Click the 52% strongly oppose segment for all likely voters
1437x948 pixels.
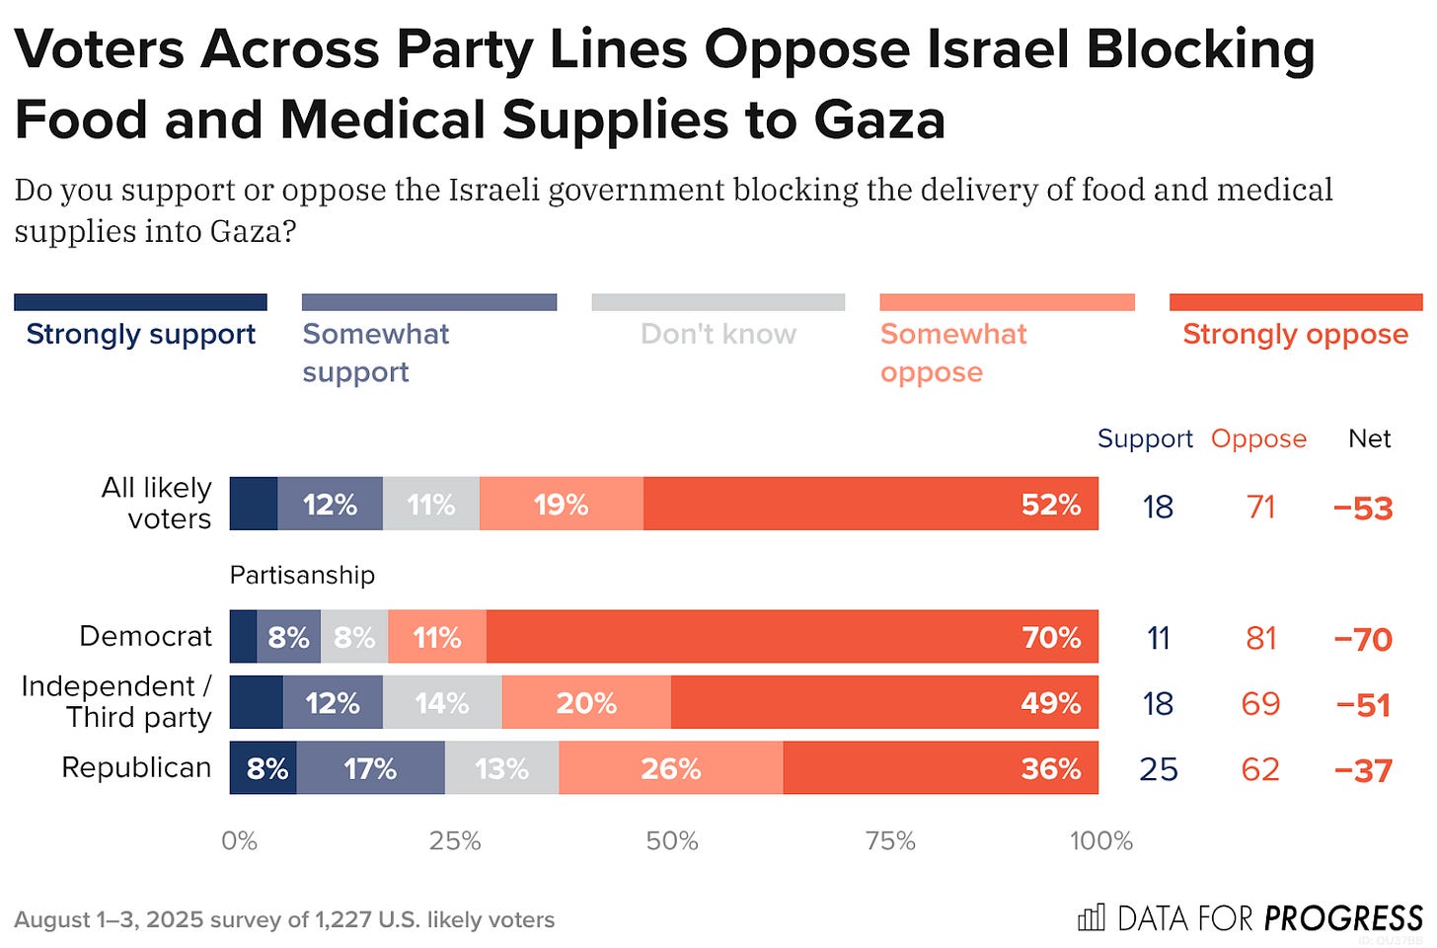pyautogui.click(x=870, y=504)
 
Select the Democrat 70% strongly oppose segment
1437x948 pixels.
pyautogui.click(x=792, y=637)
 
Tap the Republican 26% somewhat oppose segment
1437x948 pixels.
pyautogui.click(x=671, y=768)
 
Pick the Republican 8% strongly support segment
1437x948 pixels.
pyautogui.click(x=264, y=768)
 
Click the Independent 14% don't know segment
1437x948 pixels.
pyautogui.click(x=442, y=703)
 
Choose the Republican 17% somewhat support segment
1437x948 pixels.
pyautogui.click(x=370, y=768)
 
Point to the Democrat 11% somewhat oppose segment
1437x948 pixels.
pyautogui.click(x=437, y=637)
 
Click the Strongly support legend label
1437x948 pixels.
pyautogui.click(x=140, y=335)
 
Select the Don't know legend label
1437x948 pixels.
pyautogui.click(x=718, y=335)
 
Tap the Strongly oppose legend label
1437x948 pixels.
pyautogui.click(x=1295, y=335)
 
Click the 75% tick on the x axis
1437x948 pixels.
pyautogui.click(x=889, y=841)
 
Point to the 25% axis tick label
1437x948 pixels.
pyautogui.click(x=455, y=841)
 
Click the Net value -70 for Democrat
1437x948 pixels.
pyautogui.click(x=1363, y=640)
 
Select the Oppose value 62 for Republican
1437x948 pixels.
pyautogui.click(x=1260, y=769)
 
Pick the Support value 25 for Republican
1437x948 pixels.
pyautogui.click(x=1158, y=769)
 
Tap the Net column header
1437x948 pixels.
pyautogui.click(x=1369, y=438)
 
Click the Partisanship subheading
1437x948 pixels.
pyautogui.click(x=302, y=575)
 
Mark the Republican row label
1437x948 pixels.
pyautogui.click(x=136, y=767)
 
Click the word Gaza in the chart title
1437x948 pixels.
pyautogui.click(x=879, y=119)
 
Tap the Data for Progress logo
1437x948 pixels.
pyautogui.click(x=1250, y=918)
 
